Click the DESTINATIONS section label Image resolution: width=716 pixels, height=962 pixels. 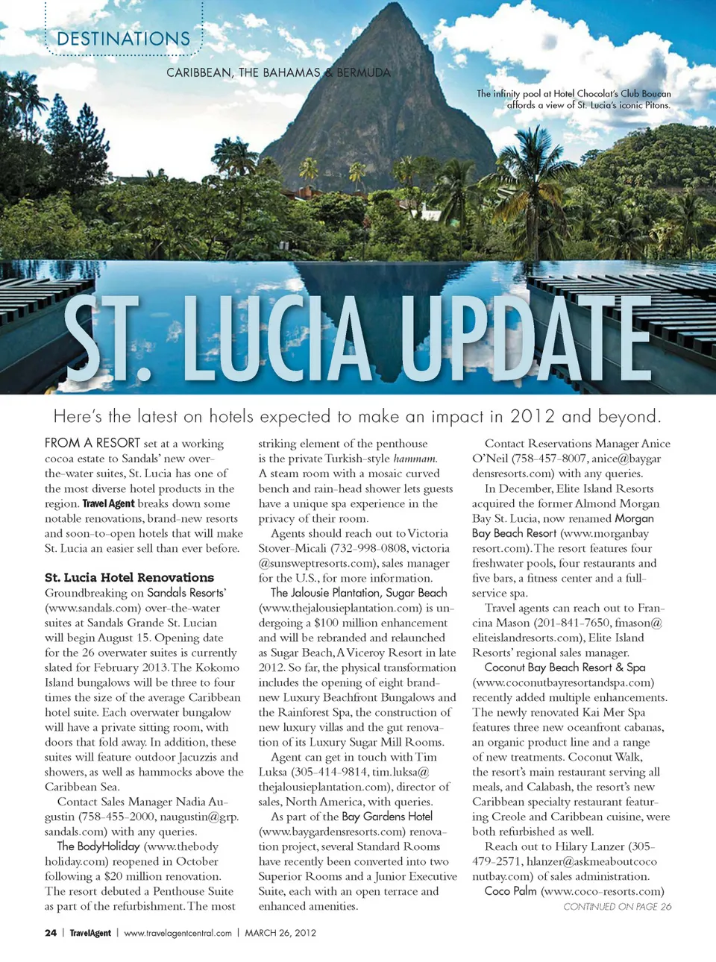(x=123, y=39)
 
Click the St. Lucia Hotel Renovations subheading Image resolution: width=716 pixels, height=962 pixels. (x=129, y=577)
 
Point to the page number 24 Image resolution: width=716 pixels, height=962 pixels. (x=51, y=932)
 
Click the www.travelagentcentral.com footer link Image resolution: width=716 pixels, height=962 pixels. (x=178, y=932)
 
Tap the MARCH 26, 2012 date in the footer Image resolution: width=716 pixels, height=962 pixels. (x=280, y=932)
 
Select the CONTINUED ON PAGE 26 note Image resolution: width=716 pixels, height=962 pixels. (x=617, y=906)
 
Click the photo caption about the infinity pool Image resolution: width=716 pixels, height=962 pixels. (x=574, y=99)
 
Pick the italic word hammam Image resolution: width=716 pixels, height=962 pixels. (x=415, y=459)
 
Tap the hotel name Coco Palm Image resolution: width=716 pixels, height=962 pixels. (x=510, y=891)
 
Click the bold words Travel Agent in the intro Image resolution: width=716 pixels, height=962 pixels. (x=108, y=503)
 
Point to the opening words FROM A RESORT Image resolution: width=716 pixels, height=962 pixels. (x=92, y=443)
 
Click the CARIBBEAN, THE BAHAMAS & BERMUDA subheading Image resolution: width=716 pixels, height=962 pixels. (x=278, y=72)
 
